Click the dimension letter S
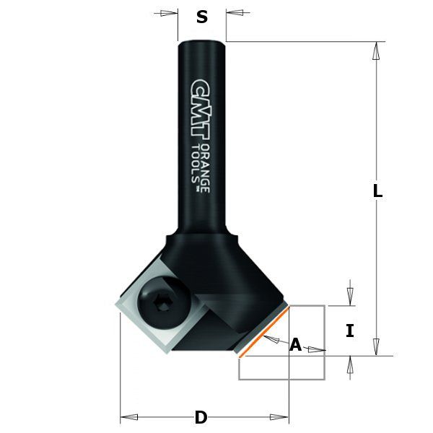[202, 17]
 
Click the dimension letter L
[377, 192]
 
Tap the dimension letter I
[350, 331]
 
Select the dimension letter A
[295, 345]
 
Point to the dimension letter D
[201, 417]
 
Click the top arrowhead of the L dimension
[375, 50]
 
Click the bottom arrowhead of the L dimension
[375, 347]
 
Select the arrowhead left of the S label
[170, 12]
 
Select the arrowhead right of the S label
[234, 12]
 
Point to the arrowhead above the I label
[350, 297]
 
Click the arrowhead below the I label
[350, 364]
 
